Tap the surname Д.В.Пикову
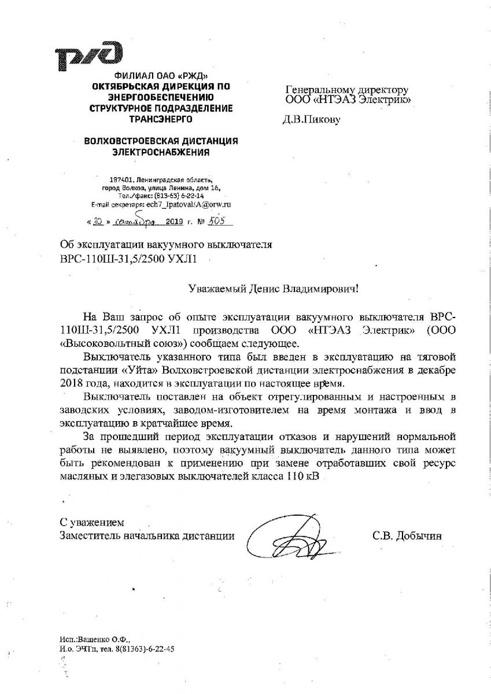click(312, 120)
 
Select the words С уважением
click(93, 522)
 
